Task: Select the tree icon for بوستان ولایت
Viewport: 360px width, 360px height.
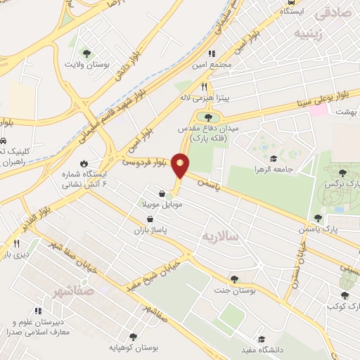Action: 86,53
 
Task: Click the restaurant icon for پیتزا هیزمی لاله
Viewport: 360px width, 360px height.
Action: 204,86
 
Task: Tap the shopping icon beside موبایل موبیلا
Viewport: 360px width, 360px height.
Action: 162,193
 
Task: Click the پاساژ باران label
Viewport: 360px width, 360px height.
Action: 150,229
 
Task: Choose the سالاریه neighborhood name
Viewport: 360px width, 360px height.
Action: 219,236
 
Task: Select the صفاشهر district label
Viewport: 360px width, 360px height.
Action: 72,290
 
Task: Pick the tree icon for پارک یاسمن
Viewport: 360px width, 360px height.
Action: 318,218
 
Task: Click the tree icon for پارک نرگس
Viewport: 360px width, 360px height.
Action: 342,172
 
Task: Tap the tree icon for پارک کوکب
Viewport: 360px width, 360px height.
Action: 345,296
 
